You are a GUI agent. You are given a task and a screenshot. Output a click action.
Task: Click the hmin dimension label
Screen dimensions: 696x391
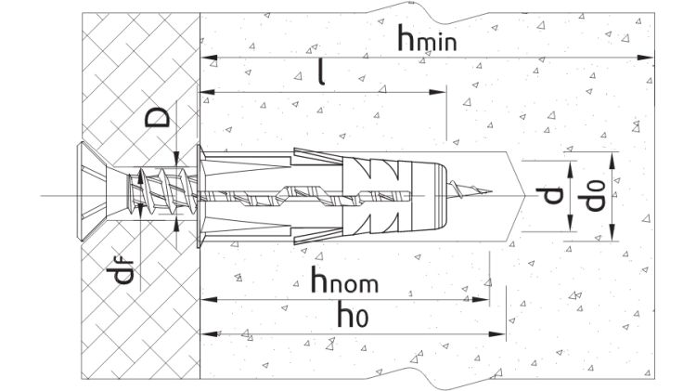tap(427, 38)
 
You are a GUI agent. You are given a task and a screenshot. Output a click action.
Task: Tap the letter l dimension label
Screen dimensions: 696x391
tap(322, 72)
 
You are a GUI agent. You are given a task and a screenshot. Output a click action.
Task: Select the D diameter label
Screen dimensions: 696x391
tap(158, 118)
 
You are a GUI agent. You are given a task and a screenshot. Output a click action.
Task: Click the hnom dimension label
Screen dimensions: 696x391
tap(344, 280)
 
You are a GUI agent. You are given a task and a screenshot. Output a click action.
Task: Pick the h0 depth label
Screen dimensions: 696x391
tap(353, 314)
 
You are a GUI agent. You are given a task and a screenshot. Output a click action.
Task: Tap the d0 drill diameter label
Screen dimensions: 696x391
tap(594, 195)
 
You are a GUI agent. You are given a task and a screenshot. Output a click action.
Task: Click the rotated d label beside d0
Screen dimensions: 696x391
tap(549, 195)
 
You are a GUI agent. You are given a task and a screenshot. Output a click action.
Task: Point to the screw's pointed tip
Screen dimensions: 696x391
tap(491, 192)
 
